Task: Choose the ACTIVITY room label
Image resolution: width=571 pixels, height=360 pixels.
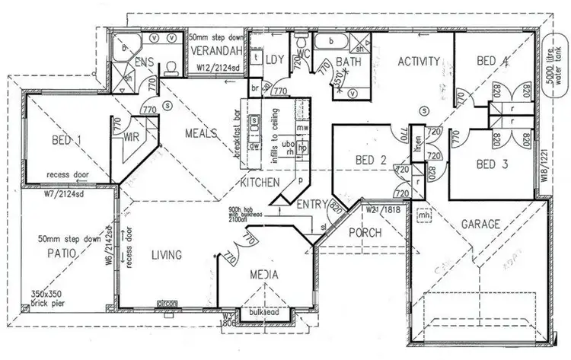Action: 419,62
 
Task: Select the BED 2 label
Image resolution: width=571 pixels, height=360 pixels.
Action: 372,160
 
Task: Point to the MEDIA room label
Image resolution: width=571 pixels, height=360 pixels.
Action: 264,275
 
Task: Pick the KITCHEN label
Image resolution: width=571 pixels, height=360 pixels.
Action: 260,183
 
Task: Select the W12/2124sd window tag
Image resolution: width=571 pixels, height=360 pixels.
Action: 219,67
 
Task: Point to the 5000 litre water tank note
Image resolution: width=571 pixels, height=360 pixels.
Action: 554,72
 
